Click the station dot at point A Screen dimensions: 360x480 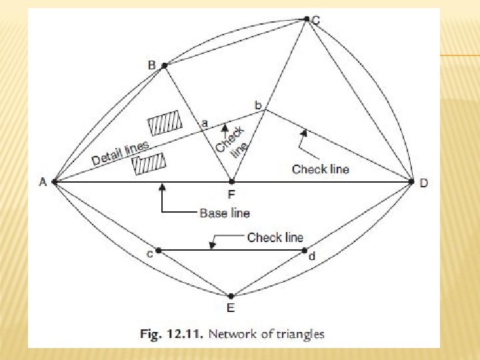point(53,181)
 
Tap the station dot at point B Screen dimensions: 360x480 point(165,65)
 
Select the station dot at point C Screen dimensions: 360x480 point(307,19)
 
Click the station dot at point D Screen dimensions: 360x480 point(411,181)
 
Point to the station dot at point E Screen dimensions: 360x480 point(231,296)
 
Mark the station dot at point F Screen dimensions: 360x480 point(231,181)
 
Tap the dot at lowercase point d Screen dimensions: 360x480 point(305,251)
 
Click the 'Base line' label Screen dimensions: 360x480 point(225,213)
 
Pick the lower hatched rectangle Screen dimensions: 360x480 point(149,164)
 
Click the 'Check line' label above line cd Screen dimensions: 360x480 point(275,237)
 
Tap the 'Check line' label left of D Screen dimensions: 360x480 point(320,169)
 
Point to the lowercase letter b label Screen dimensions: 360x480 point(259,105)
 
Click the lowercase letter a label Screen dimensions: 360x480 point(204,123)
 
